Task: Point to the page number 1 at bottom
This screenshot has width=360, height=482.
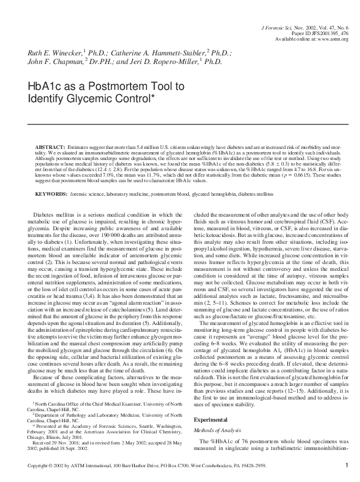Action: [x=347, y=465]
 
